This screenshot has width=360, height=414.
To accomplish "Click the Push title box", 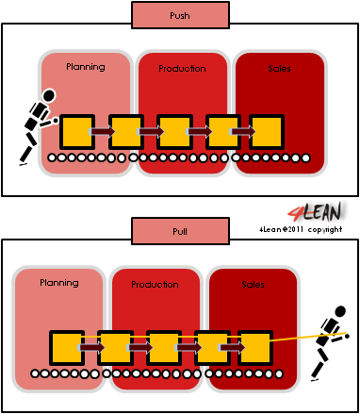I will tap(179, 16).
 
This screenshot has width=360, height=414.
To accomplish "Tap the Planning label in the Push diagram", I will tap(85, 68).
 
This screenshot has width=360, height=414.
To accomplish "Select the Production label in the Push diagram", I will tap(182, 69).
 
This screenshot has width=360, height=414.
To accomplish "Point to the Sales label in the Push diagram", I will tap(279, 68).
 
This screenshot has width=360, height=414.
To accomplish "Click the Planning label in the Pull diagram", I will tap(58, 283).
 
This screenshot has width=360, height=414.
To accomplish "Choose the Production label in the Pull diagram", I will tap(155, 284).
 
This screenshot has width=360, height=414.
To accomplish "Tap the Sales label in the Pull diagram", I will tap(253, 283).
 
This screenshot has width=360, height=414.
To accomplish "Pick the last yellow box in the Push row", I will tap(268, 131).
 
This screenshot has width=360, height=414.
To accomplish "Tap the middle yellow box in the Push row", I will tap(174, 131).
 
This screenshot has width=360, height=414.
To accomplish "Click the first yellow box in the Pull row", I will tap(65, 346).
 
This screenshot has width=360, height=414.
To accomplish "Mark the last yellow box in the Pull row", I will tap(255, 346).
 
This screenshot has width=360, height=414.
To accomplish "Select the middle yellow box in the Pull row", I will tap(164, 346).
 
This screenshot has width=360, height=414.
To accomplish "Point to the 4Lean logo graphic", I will tap(319, 210).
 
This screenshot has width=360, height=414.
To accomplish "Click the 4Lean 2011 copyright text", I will tap(300, 228).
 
